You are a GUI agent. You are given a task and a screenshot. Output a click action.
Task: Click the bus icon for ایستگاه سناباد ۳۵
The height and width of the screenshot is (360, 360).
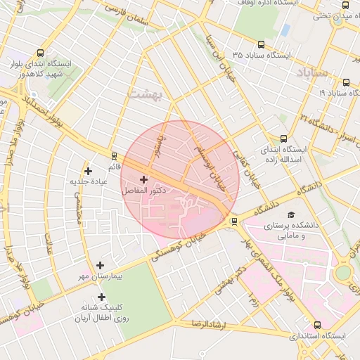tap(262, 44)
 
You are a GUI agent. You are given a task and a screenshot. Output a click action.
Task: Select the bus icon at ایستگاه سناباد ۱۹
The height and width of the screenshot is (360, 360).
tap(348, 82)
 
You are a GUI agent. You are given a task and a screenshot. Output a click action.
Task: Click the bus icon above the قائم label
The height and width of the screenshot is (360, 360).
tap(114, 155)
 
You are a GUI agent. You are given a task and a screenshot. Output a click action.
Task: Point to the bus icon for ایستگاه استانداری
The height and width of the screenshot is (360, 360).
tap(317, 325)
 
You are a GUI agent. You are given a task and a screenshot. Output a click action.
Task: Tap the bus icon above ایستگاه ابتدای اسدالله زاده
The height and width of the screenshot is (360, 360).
tap(283, 139)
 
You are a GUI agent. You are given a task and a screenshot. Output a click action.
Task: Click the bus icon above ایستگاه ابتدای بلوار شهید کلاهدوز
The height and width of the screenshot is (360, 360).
tap(39, 53)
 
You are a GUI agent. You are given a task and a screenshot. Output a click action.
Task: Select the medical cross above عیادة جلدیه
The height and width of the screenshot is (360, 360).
tap(88, 170)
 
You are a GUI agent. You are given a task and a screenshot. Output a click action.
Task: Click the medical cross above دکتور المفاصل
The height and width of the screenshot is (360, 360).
tap(144, 180)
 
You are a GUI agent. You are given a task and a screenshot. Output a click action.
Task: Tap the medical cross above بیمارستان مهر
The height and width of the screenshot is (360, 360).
tap(101, 266)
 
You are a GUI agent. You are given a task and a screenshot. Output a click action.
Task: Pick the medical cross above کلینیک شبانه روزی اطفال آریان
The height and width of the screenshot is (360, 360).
tap(101, 297)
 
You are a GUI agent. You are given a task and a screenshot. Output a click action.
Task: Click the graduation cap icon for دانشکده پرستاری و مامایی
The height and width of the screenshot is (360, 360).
tap(292, 215)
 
